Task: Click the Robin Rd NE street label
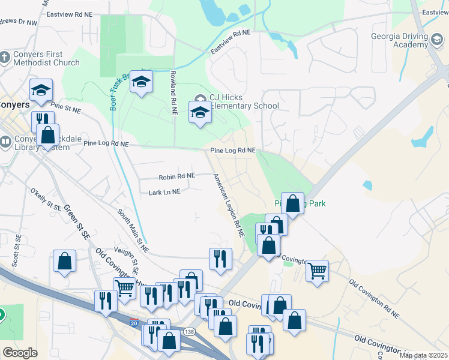click(x=176, y=176)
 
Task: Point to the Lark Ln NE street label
click(x=164, y=192)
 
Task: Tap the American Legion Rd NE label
click(x=229, y=205)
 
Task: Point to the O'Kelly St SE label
click(x=46, y=199)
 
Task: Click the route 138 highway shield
click(x=190, y=331)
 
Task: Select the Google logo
click(x=20, y=352)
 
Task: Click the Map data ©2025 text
click(x=423, y=355)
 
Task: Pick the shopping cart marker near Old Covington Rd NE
click(x=317, y=270)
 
